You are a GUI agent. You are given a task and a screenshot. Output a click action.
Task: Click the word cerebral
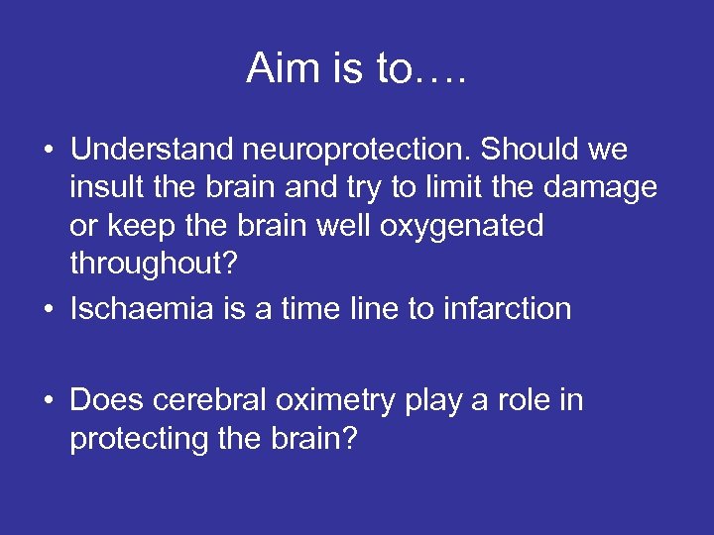214,401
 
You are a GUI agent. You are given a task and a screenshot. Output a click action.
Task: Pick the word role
525,401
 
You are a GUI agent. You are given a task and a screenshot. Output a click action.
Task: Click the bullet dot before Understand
48,152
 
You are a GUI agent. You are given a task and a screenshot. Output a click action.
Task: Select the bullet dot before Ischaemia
48,310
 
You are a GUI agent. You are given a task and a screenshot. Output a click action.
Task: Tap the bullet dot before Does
48,402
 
